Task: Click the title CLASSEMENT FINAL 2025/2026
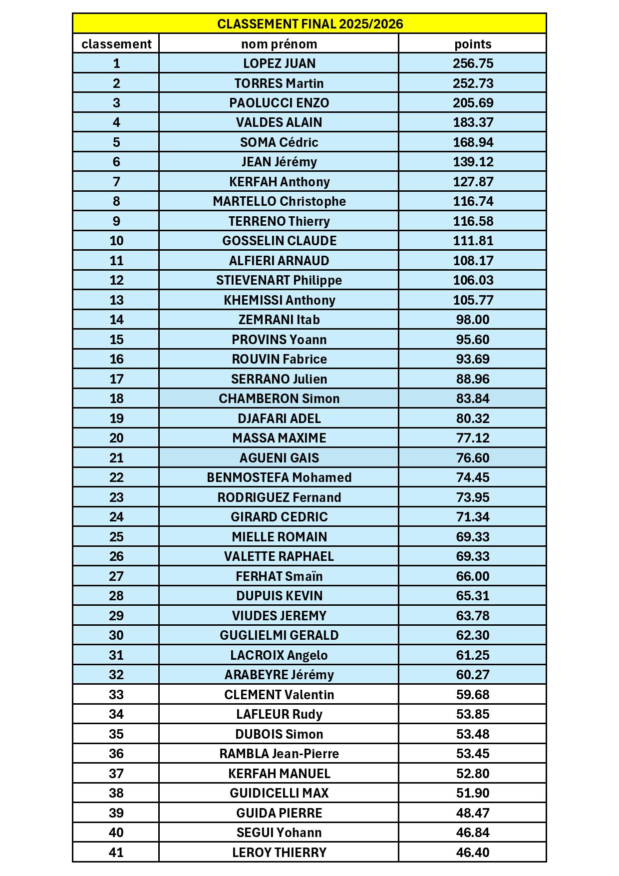click(x=310, y=24)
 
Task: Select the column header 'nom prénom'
click(x=279, y=44)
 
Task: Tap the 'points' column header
click(x=473, y=44)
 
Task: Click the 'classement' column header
click(x=116, y=44)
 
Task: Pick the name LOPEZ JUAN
click(x=279, y=63)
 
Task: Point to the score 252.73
click(x=473, y=83)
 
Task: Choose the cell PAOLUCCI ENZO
click(x=279, y=103)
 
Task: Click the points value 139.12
click(x=473, y=162)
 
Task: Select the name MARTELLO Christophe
click(x=279, y=201)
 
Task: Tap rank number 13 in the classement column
click(x=116, y=300)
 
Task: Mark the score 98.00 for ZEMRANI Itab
click(x=473, y=320)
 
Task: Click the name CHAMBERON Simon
click(x=279, y=399)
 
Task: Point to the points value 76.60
click(x=473, y=458)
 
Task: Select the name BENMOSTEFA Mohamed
click(x=279, y=477)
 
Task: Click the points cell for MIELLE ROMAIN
click(x=473, y=537)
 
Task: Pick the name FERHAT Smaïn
click(x=279, y=576)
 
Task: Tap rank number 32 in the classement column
click(x=116, y=675)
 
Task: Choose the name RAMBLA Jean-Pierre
click(x=279, y=754)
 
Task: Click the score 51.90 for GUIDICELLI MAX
click(x=473, y=793)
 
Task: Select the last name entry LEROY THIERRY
click(x=279, y=853)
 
